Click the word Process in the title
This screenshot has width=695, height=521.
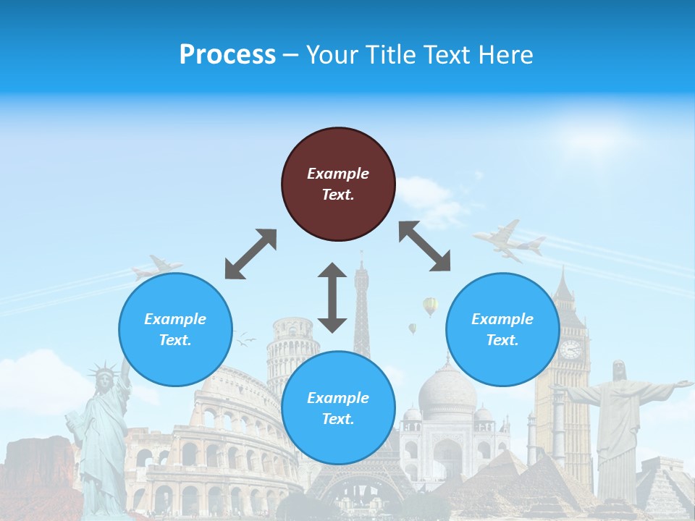[x=227, y=55]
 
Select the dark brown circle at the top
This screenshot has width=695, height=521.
[x=338, y=184]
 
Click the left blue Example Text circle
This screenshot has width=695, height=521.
[x=175, y=329]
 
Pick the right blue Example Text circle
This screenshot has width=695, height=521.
[x=502, y=329]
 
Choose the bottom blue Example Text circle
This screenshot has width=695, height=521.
[x=338, y=408]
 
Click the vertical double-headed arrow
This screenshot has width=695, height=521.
[x=332, y=297]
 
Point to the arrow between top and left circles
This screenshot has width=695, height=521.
[x=250, y=254]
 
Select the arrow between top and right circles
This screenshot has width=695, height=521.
[x=425, y=247]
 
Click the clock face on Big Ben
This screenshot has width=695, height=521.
[x=570, y=350]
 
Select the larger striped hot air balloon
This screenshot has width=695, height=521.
[x=430, y=306]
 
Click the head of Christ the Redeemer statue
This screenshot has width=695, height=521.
[x=619, y=370]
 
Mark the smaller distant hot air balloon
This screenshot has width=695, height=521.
[x=412, y=328]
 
